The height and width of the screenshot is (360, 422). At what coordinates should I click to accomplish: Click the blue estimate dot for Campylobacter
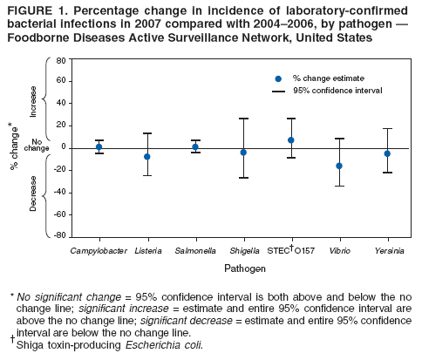click(x=99, y=146)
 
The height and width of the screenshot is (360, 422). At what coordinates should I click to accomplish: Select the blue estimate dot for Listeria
click(x=147, y=157)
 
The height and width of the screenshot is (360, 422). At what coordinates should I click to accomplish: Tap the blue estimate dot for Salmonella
click(x=195, y=146)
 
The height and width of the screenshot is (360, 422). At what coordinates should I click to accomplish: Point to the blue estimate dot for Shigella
click(x=243, y=153)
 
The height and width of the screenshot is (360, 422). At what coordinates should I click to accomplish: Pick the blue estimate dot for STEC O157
click(x=291, y=140)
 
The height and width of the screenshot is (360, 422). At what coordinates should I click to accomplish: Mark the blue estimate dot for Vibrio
click(x=339, y=166)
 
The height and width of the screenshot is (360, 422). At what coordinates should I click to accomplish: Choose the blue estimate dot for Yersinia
click(x=387, y=153)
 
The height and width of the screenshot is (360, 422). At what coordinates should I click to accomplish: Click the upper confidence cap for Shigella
click(x=243, y=119)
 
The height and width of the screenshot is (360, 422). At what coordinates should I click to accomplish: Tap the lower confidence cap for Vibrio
click(x=339, y=186)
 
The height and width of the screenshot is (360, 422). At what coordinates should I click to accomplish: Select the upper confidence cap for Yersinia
click(x=387, y=129)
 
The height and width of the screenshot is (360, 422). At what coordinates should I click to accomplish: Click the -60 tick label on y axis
click(x=61, y=214)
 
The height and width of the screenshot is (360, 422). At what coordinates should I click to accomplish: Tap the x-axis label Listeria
click(x=146, y=251)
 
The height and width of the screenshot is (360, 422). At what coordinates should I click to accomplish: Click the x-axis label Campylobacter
click(x=98, y=251)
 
